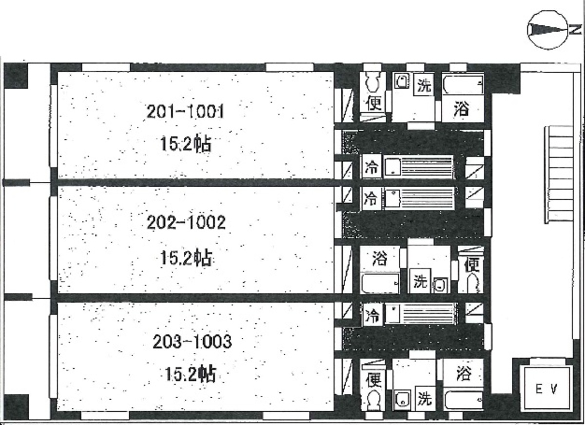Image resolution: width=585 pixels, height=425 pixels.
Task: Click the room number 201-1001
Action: [185, 113]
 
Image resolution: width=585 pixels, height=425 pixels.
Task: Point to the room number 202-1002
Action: [186, 223]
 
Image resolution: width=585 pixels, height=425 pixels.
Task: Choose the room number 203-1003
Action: [192, 342]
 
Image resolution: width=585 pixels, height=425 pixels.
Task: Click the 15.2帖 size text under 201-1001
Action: [185, 144]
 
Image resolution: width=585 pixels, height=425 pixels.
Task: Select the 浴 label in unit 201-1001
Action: [461, 109]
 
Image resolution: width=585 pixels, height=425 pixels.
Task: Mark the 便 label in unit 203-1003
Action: [373, 378]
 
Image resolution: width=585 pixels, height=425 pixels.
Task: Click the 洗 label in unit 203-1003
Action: [424, 399]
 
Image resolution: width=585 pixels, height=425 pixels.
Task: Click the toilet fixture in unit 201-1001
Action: [373, 82]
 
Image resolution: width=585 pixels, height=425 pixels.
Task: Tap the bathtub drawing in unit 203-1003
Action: [464, 401]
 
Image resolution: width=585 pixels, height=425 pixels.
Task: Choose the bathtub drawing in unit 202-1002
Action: [380, 283]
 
